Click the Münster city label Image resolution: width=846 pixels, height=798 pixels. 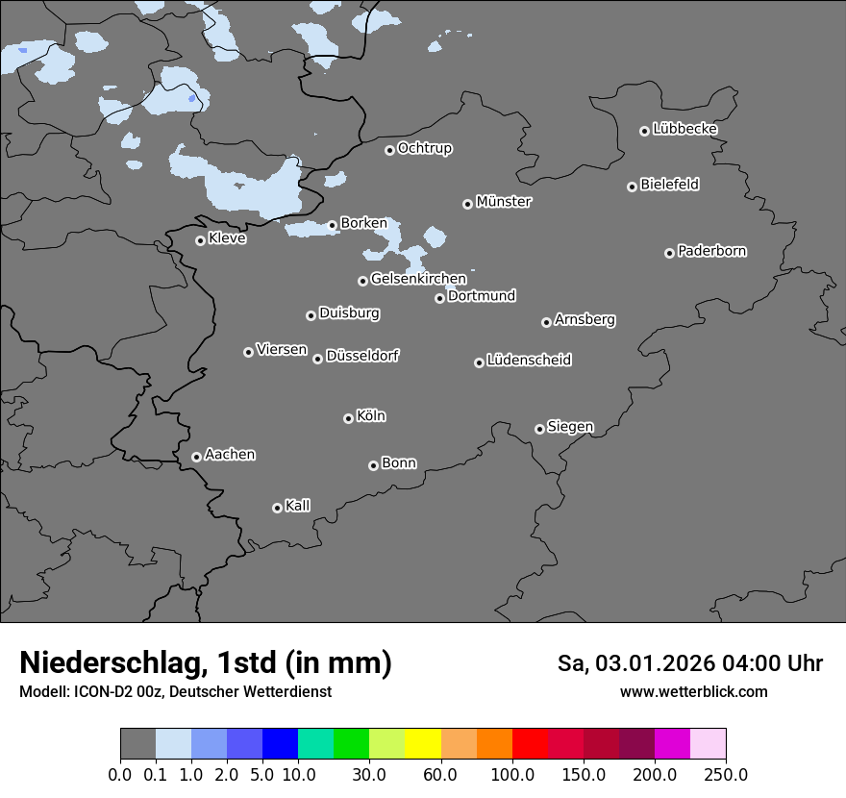(x=504, y=202)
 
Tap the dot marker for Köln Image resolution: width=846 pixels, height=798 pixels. (x=348, y=418)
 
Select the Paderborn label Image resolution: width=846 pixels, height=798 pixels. (x=712, y=251)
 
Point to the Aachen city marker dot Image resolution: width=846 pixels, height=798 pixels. (x=196, y=457)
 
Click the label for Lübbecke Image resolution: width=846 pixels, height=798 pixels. (x=685, y=129)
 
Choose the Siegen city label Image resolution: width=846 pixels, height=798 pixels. (x=570, y=427)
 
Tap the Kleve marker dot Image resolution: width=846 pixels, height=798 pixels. (x=200, y=240)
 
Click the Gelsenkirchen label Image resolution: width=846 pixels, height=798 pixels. (x=418, y=279)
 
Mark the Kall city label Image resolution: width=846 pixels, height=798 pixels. (x=298, y=506)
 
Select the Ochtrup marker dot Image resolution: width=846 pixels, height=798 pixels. (x=389, y=150)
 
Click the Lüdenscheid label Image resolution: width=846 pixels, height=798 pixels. (x=529, y=361)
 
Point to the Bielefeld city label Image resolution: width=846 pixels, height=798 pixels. (x=670, y=185)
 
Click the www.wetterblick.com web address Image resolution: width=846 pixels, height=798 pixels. (x=693, y=691)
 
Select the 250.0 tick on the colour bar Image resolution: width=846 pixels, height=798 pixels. (x=726, y=775)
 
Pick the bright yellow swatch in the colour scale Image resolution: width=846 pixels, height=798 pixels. (x=423, y=744)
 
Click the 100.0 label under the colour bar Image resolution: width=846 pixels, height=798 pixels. (x=511, y=775)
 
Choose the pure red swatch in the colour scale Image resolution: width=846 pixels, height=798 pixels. (x=530, y=744)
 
